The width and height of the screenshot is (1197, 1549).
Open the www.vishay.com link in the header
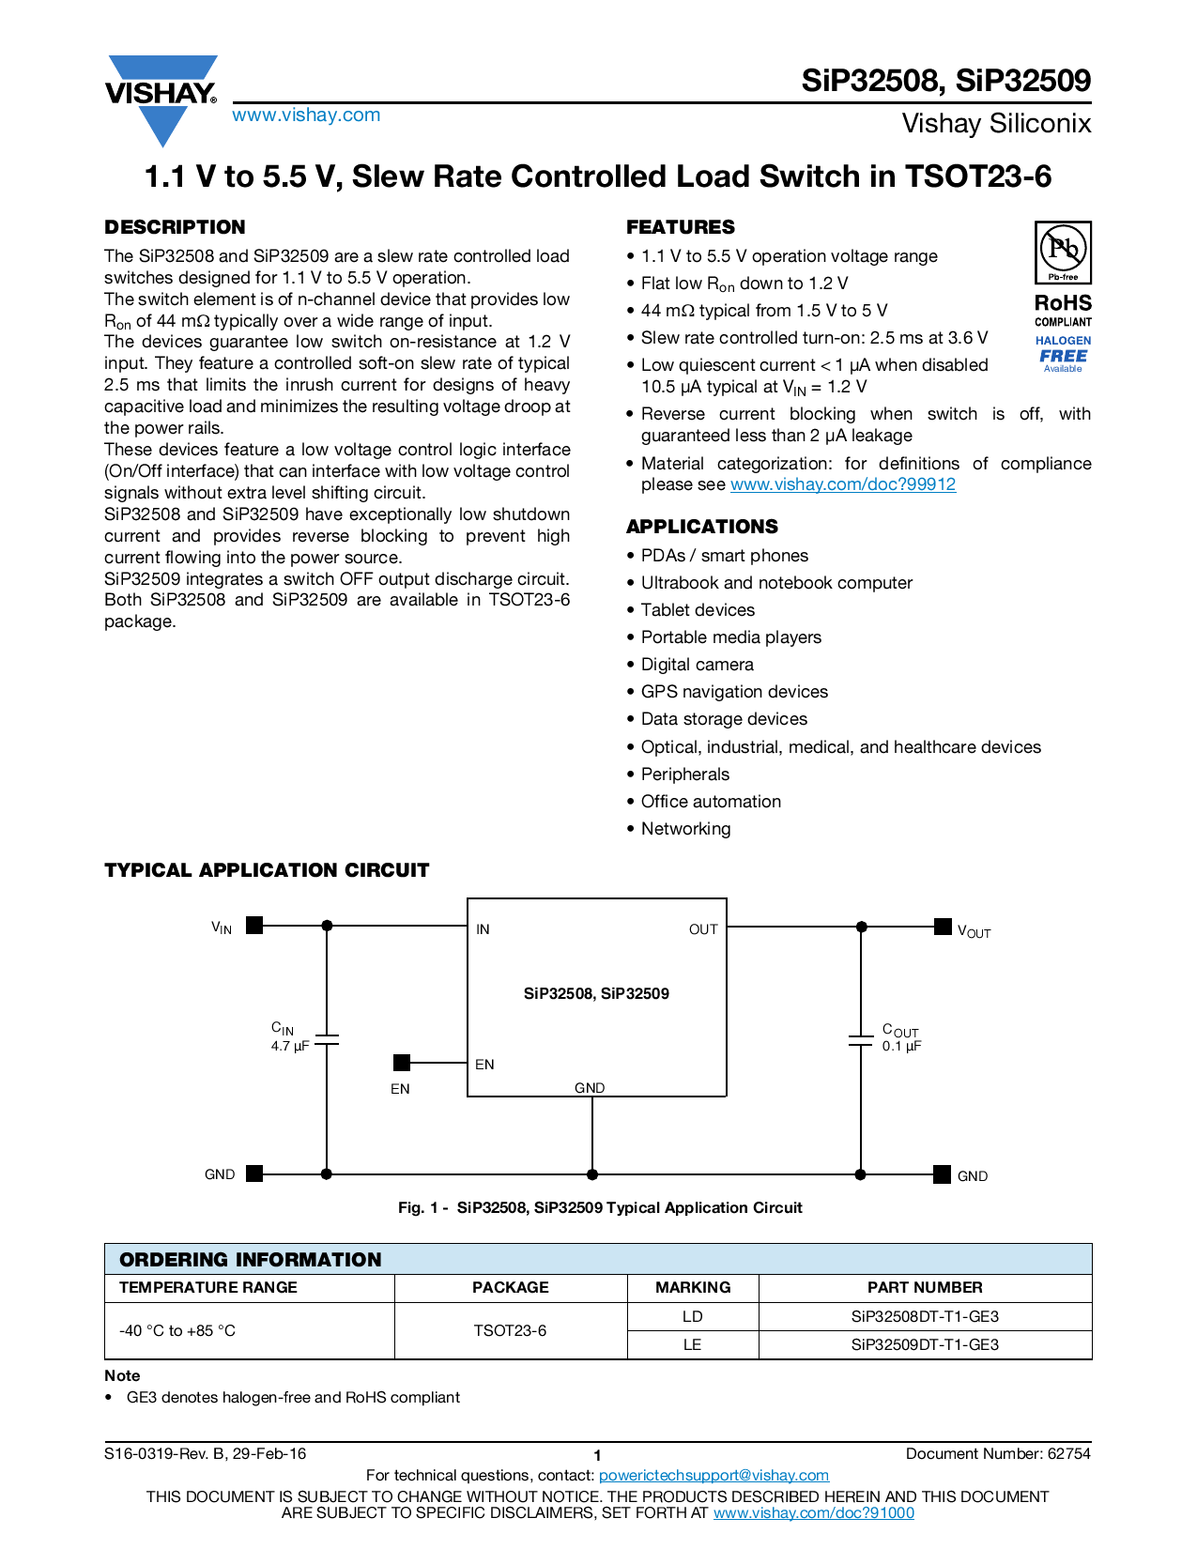[x=306, y=115]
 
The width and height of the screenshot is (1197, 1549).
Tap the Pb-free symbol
[x=1063, y=252]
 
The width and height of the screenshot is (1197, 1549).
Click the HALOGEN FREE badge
[x=1063, y=354]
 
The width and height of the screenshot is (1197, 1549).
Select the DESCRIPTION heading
[x=175, y=227]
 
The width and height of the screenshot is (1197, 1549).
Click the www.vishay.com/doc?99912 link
[x=842, y=484]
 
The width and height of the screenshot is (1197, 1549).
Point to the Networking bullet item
[x=685, y=829]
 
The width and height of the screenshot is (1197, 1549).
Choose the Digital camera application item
[x=697, y=665]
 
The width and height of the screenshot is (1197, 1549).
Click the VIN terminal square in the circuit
[x=254, y=926]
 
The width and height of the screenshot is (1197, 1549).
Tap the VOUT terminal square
[x=943, y=927]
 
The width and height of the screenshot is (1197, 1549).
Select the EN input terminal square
[x=402, y=1063]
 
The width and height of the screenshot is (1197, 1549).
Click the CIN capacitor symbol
[x=327, y=1041]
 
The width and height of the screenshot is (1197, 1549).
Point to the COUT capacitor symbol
[x=861, y=1041]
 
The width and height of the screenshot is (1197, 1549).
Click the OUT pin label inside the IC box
[x=703, y=929]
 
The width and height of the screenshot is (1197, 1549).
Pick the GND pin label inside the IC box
[x=590, y=1088]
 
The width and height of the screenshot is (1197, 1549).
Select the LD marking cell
[x=692, y=1316]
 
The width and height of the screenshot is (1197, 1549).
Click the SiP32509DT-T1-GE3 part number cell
[x=925, y=1344]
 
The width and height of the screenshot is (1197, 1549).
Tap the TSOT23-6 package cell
[x=510, y=1330]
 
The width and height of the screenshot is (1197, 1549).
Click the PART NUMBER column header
[x=925, y=1287]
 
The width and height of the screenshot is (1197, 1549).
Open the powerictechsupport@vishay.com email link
[x=714, y=1475]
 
